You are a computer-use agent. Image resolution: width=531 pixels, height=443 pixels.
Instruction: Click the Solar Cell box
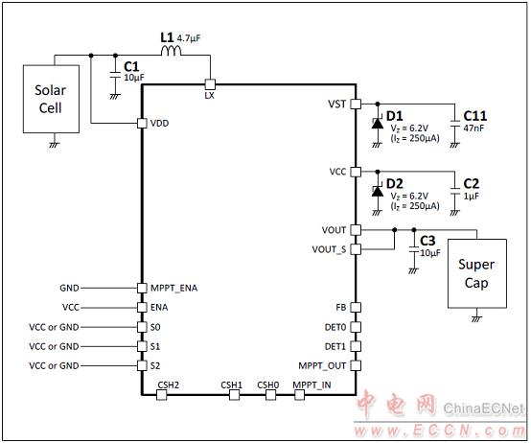tap(51, 99)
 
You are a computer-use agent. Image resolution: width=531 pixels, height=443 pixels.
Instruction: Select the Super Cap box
tap(477, 273)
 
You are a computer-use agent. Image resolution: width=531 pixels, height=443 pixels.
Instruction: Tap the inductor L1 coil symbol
tap(171, 51)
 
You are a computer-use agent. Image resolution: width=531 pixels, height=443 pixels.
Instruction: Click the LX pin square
tap(210, 84)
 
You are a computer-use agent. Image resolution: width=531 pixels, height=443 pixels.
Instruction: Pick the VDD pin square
tap(142, 124)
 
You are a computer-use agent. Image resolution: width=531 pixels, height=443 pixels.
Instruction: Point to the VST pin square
tap(356, 104)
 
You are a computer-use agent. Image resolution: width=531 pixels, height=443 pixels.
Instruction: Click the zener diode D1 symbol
tap(378, 123)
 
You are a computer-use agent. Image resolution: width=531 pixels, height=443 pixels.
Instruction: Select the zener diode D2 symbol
tap(378, 191)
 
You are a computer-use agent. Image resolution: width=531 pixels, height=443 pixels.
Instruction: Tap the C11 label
tap(475, 116)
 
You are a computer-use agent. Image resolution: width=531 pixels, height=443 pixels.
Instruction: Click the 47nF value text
tap(473, 128)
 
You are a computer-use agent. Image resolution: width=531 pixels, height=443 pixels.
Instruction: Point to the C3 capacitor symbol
tap(414, 249)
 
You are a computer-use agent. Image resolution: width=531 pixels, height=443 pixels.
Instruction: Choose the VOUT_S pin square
tap(356, 249)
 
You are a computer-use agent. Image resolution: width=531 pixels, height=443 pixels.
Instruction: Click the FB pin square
tap(356, 307)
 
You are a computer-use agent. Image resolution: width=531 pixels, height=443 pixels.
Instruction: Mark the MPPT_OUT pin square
tap(356, 365)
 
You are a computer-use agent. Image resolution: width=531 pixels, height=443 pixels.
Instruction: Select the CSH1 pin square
tap(234, 394)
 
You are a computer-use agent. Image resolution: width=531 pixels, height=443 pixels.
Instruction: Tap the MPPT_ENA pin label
tap(174, 289)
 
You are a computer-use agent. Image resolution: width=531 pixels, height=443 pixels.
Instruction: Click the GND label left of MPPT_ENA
tap(69, 288)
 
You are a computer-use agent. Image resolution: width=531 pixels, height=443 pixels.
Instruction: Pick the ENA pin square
tap(142, 307)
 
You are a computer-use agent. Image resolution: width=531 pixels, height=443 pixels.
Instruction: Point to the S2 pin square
tap(142, 365)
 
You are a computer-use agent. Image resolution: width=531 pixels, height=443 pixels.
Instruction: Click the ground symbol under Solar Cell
tap(55, 145)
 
